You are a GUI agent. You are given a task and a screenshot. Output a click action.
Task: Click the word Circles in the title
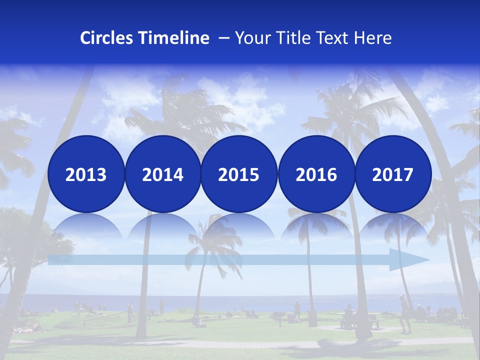(106, 38)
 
